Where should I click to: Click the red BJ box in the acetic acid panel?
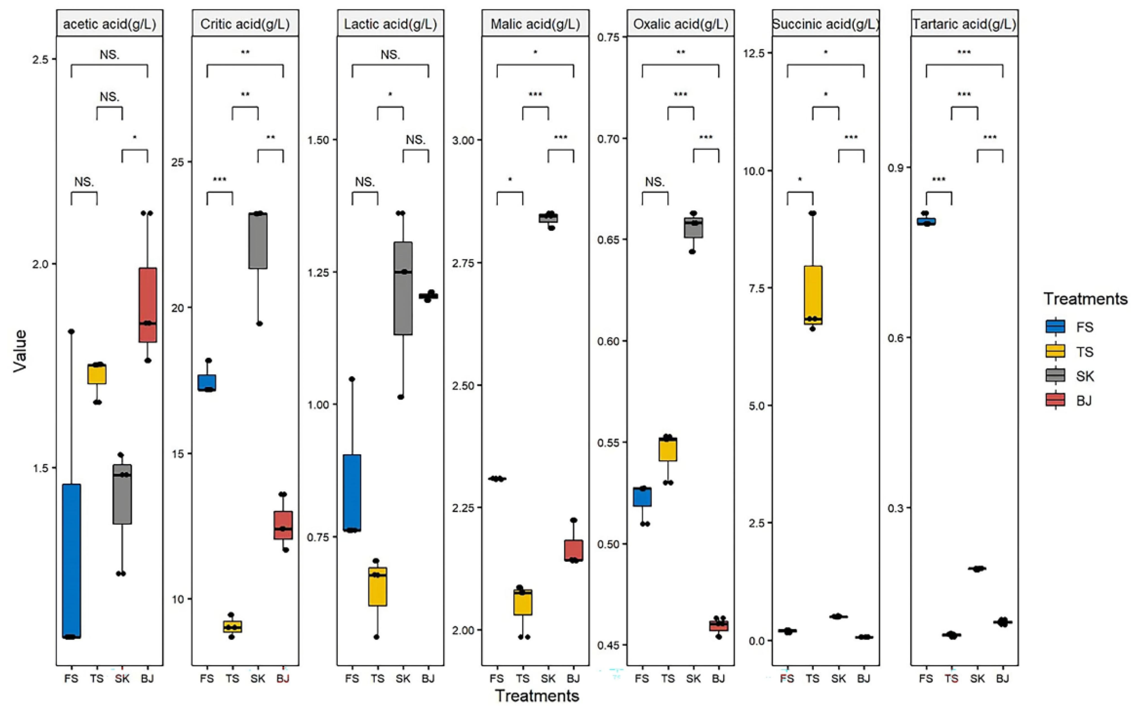pos(148,305)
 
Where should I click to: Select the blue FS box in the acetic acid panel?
pos(71,561)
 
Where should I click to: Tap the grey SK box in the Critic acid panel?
pos(258,241)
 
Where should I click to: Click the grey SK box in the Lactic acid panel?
pos(403,288)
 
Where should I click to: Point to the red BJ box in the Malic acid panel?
pos(573,550)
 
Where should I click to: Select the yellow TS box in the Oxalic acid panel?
pos(668,449)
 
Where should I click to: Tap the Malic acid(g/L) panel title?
pos(535,24)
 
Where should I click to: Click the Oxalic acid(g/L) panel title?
pos(680,24)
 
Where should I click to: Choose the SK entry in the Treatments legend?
pos(1085,376)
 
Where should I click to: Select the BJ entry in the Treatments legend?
pos(1084,400)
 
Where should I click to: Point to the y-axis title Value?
pos(20,351)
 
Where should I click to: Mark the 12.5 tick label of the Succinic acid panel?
pos(754,53)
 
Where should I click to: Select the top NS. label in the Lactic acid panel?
pos(390,55)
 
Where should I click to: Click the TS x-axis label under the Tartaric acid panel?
pos(952,679)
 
